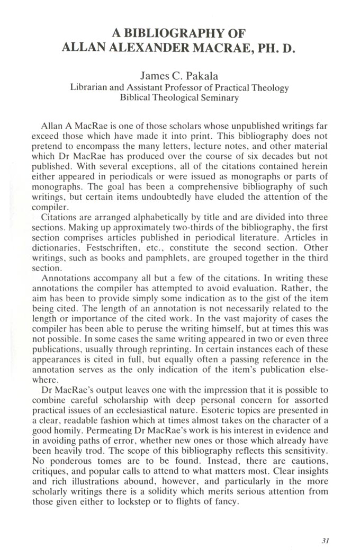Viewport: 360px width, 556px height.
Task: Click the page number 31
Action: pyautogui.click(x=326, y=541)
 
